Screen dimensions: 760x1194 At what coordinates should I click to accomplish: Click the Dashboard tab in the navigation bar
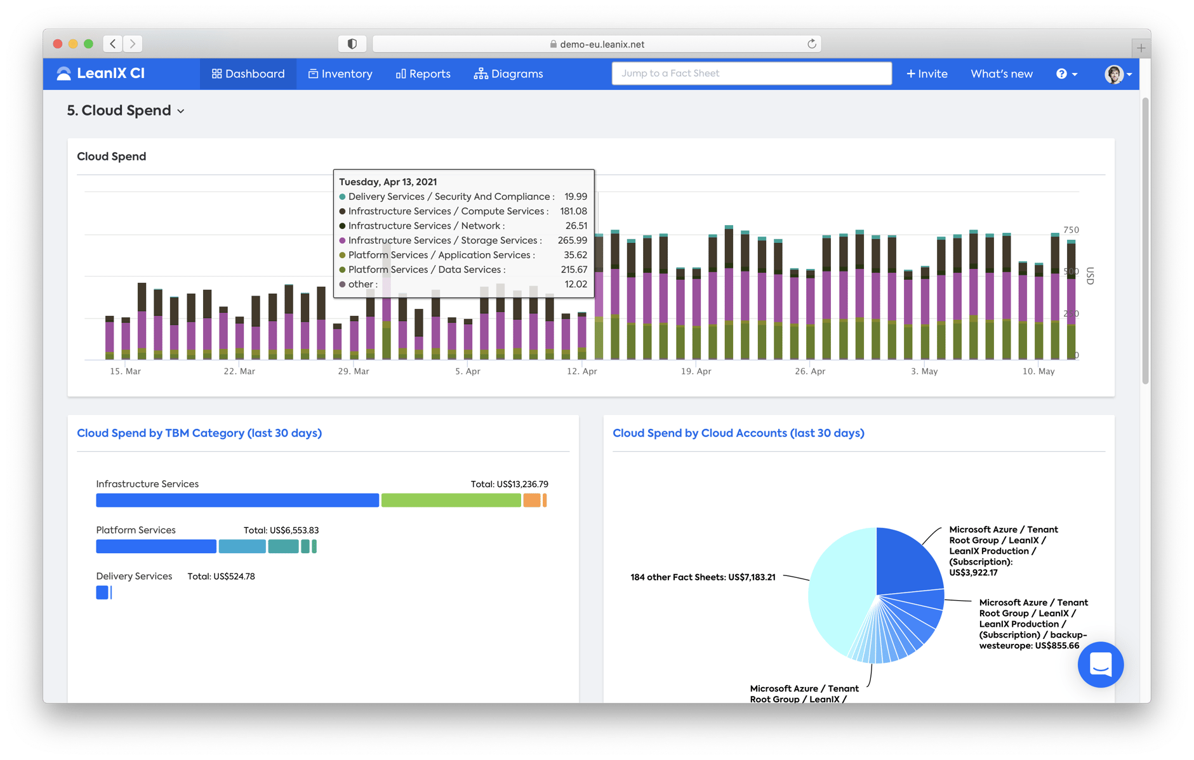tap(248, 74)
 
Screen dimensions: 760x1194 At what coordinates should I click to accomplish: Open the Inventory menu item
tap(340, 74)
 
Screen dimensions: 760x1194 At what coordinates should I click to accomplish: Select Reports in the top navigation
tap(423, 74)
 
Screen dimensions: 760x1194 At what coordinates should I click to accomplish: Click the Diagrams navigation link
tap(508, 74)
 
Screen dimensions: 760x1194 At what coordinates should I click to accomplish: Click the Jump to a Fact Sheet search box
tap(751, 74)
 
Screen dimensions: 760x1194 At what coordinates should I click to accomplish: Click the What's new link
tap(1001, 74)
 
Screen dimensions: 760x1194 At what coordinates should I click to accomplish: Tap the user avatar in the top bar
tap(1114, 74)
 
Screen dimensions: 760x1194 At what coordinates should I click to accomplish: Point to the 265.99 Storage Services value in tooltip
tap(572, 240)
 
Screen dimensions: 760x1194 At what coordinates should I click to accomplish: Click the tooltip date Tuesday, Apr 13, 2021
tap(388, 181)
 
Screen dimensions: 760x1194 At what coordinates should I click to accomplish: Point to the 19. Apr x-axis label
tap(696, 371)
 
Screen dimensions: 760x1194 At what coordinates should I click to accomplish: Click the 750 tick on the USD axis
tap(1071, 230)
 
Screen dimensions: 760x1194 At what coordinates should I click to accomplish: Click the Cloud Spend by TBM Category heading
tap(199, 433)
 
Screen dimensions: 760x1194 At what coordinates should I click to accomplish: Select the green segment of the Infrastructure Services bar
tap(451, 501)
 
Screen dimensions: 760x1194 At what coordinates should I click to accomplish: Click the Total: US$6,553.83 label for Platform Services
tap(281, 530)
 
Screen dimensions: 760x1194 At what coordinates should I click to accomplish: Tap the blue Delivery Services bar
tap(102, 593)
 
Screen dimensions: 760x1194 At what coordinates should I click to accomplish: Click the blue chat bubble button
tap(1100, 664)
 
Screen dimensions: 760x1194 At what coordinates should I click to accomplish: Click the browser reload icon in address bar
tap(811, 44)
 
